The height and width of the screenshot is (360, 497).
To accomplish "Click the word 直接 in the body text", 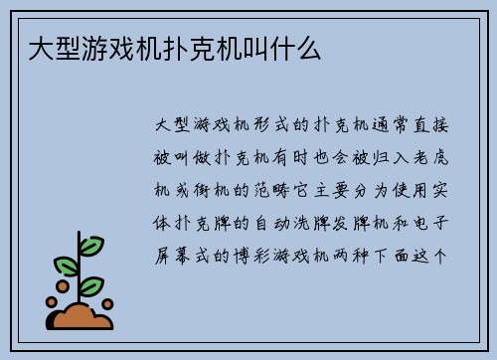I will pos(436,127).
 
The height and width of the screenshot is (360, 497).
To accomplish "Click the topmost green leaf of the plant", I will pos(90,245).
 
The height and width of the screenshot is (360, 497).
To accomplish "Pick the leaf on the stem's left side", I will pos(66,266).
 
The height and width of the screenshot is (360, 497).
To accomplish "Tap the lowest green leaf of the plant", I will pos(91,285).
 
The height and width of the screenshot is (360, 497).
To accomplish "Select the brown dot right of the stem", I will pos(107,302).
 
